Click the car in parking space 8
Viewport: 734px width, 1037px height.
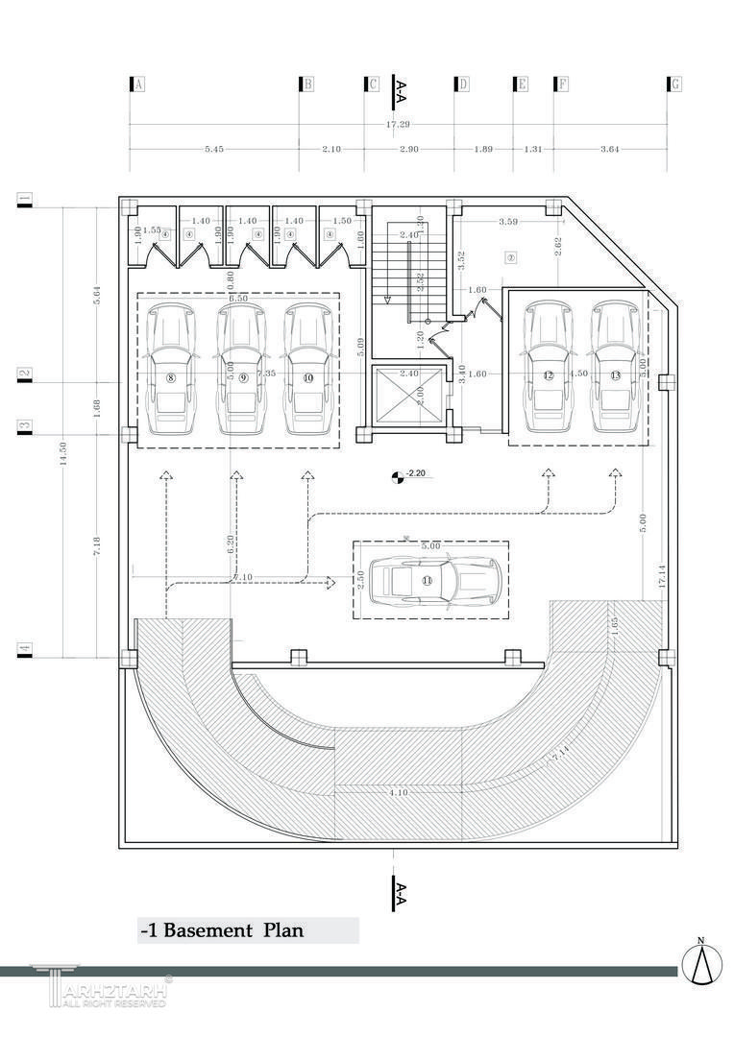tap(171, 369)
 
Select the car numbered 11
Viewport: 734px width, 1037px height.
tap(436, 580)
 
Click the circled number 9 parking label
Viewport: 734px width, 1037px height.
tap(243, 378)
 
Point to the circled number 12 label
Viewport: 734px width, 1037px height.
tap(549, 375)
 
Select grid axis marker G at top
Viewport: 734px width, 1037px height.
tap(674, 84)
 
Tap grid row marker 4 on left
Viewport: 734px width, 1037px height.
tap(25, 651)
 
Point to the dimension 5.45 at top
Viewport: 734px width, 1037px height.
tap(214, 149)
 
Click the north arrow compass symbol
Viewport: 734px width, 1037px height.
tap(701, 962)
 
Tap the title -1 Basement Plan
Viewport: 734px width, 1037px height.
tap(222, 930)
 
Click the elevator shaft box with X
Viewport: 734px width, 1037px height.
tap(408, 394)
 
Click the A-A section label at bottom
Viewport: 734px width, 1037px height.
tap(401, 894)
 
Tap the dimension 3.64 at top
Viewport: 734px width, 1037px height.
tap(610, 149)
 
